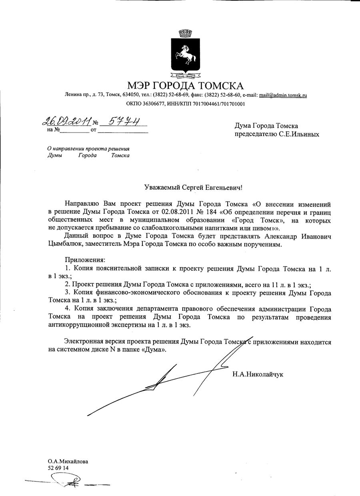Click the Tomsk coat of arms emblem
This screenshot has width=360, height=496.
pyautogui.click(x=184, y=54)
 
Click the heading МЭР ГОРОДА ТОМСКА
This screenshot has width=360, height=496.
pyautogui.click(x=185, y=85)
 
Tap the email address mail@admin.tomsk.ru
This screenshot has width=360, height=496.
pyautogui.click(x=283, y=95)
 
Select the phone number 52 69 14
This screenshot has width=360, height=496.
pyautogui.click(x=58, y=468)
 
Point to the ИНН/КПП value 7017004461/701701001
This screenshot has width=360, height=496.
pyautogui.click(x=217, y=104)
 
